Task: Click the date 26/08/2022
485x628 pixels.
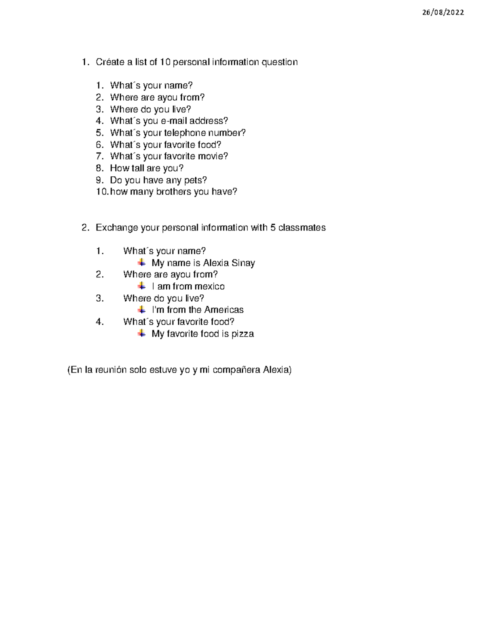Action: click(x=443, y=13)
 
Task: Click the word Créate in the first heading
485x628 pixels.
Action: click(x=110, y=62)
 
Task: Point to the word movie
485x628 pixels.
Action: click(x=215, y=156)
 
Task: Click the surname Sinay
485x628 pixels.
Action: click(x=243, y=263)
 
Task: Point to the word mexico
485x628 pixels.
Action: click(x=209, y=287)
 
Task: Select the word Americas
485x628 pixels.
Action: click(x=224, y=310)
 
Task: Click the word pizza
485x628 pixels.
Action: click(x=242, y=334)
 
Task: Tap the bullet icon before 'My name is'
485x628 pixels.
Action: click(x=141, y=263)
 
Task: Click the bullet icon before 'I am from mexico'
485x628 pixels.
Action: click(x=141, y=286)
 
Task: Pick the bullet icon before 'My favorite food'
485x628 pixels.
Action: click(x=141, y=334)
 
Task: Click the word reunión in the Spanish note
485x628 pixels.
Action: click(x=111, y=370)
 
